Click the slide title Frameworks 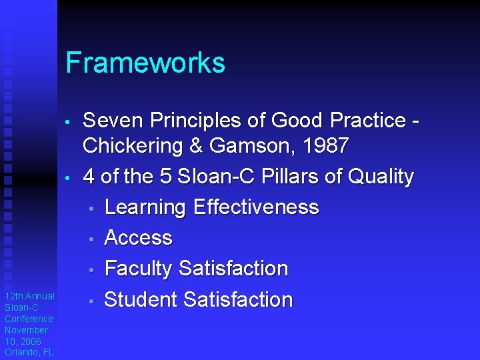(x=145, y=63)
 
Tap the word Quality (x=382, y=177)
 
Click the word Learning (x=146, y=207)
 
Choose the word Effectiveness (x=256, y=207)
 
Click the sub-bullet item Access (x=139, y=238)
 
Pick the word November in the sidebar (x=26, y=330)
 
